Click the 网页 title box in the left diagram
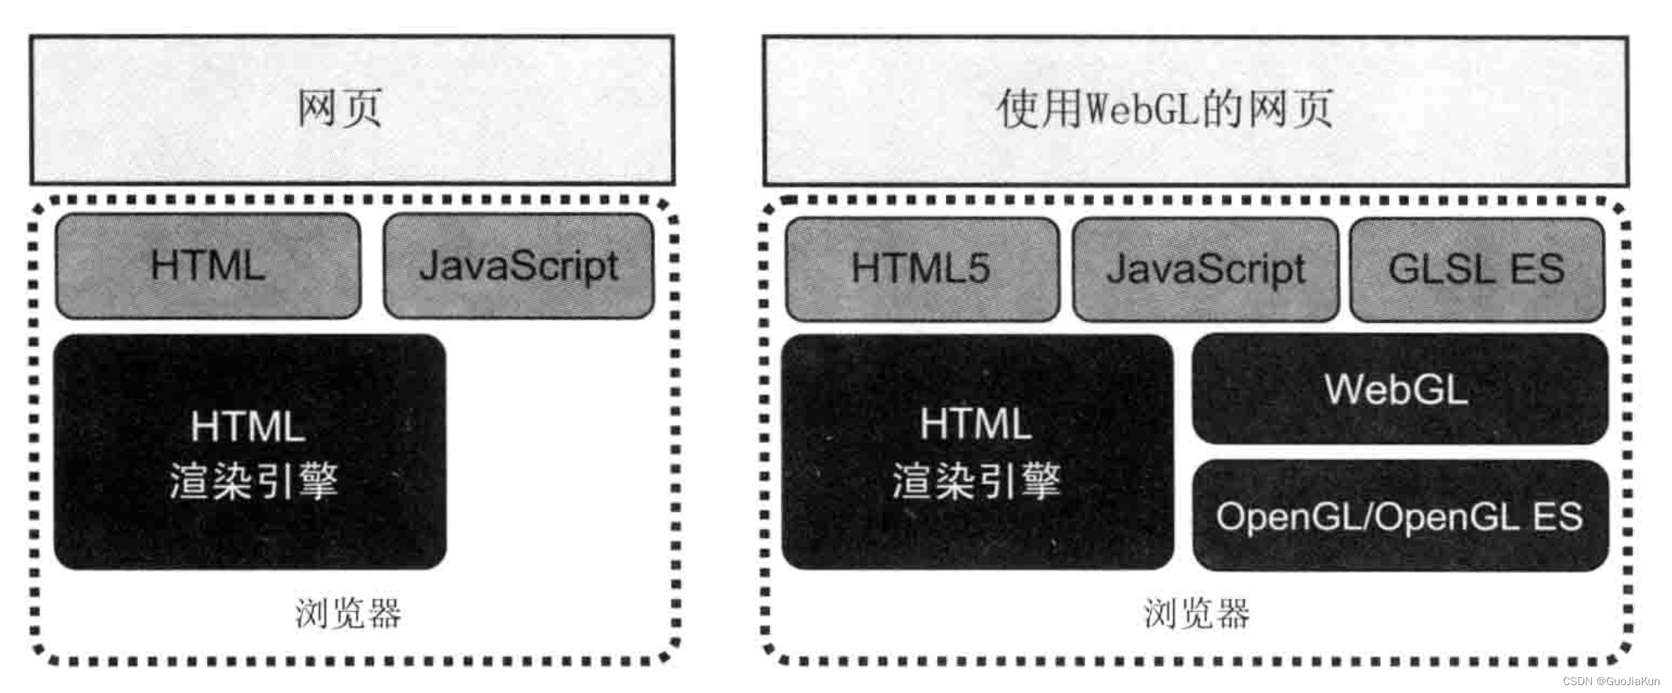[352, 110]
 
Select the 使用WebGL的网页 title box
[1195, 110]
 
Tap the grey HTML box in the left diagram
[208, 267]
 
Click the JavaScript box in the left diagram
[518, 267]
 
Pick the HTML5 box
[921, 269]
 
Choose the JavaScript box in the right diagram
[1205, 269]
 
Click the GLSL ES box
[1477, 269]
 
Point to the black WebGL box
[1399, 389]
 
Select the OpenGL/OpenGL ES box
[1399, 516]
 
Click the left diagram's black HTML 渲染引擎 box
[250, 452]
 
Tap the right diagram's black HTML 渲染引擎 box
[977, 452]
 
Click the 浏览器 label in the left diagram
[348, 613]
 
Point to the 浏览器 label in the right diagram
[1197, 613]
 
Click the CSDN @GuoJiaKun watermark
[1611, 681]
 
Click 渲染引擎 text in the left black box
[254, 481]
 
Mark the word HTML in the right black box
[976, 424]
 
